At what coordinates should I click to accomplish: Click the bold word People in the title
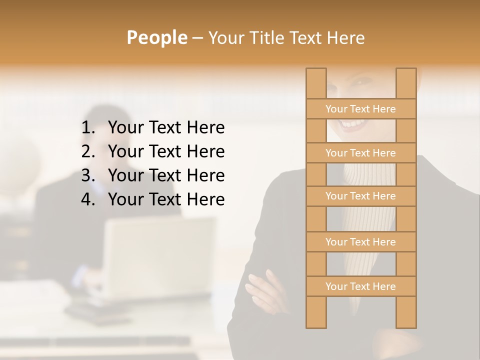[156, 37]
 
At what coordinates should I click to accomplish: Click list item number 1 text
[166, 128]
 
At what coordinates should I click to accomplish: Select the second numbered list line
[166, 151]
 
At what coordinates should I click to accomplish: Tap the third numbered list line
[166, 175]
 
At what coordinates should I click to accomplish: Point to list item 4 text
[166, 199]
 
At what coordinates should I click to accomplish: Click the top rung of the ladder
[360, 109]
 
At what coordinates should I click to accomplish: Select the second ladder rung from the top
[360, 153]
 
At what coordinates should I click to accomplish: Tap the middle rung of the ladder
[360, 196]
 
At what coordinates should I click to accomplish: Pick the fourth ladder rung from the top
[360, 242]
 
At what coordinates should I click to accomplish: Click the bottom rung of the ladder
[360, 286]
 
